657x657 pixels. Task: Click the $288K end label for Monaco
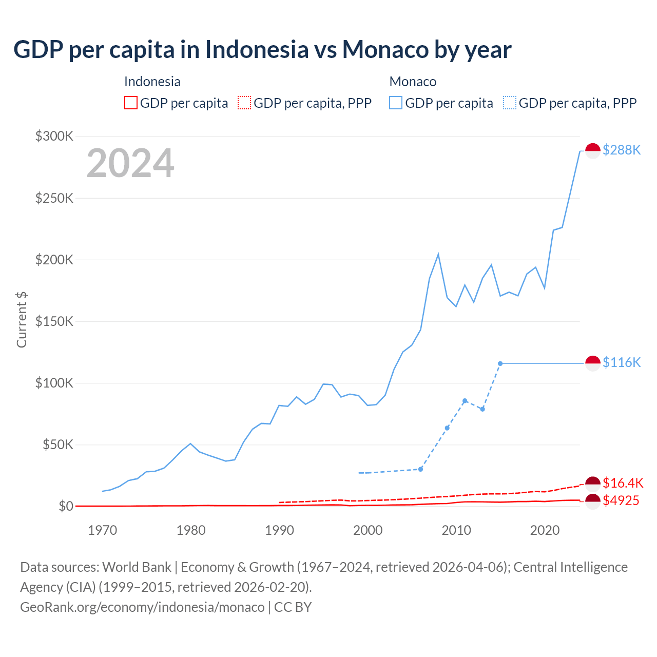click(x=622, y=150)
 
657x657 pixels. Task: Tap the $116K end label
click(x=622, y=362)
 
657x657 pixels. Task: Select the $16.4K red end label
click(x=623, y=483)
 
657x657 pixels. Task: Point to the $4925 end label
click(x=621, y=500)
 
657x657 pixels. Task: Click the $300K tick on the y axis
click(x=54, y=136)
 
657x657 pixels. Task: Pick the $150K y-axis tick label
click(x=54, y=321)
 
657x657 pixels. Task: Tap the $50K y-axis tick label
click(x=57, y=445)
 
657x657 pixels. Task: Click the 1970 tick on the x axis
click(x=103, y=530)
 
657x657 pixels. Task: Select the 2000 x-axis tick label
click(x=368, y=530)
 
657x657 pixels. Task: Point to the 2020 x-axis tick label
click(x=545, y=530)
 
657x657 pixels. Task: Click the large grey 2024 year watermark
click(x=130, y=164)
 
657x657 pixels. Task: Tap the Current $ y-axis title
click(x=22, y=319)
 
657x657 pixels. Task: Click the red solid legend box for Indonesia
click(x=131, y=103)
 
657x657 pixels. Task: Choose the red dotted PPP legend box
click(x=244, y=103)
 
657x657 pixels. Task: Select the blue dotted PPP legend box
click(x=510, y=103)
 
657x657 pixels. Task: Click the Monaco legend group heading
click(x=413, y=82)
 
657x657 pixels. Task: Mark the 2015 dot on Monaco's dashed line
click(x=500, y=363)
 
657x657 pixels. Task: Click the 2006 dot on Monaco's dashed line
click(x=420, y=469)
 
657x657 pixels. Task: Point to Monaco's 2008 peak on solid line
click(x=438, y=255)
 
